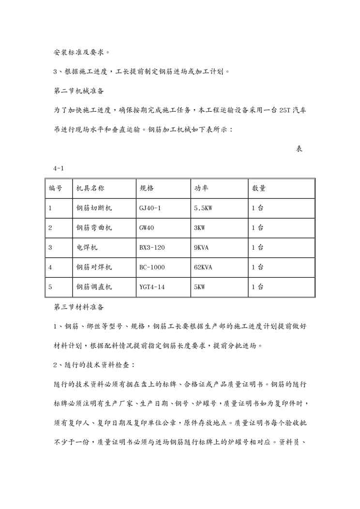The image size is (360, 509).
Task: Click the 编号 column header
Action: pos(55,188)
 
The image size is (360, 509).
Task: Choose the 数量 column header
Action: pos(258,188)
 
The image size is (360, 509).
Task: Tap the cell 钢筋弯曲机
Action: pos(94,228)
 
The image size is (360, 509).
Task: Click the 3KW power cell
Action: pos(199,228)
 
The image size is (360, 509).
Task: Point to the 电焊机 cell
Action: pos(87,247)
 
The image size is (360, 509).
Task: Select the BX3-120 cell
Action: pos(152,247)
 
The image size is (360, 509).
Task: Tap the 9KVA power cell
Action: pos(201,247)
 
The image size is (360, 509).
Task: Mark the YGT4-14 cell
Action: pos(152,287)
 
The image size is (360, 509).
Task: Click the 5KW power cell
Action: pos(199,287)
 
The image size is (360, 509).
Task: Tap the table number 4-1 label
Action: pos(59,168)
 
